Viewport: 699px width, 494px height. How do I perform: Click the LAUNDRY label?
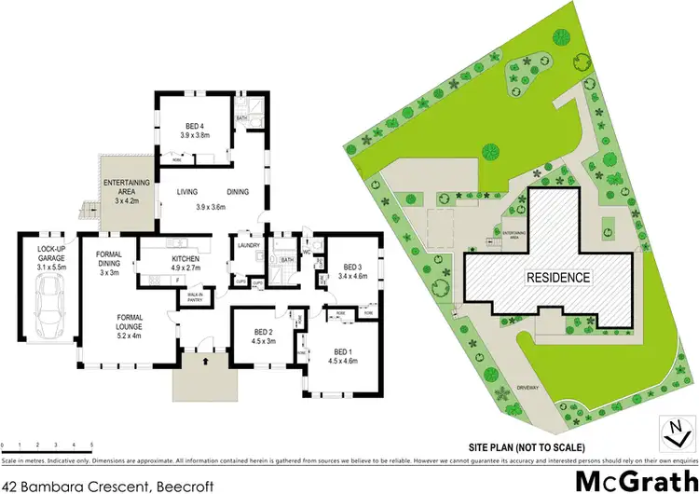pos(248,245)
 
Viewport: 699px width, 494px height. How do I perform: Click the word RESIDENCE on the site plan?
pos(559,278)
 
